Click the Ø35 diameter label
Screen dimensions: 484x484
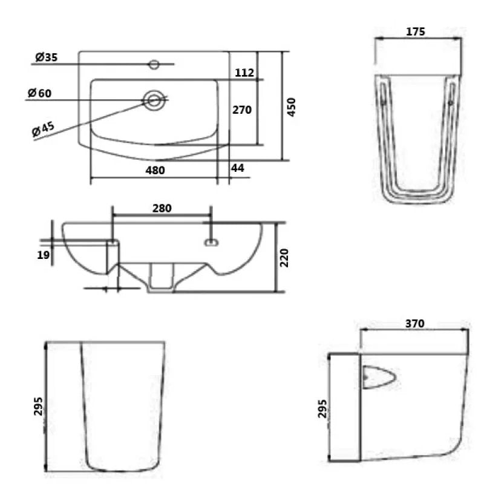tap(46, 58)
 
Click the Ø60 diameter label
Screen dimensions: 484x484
tap(40, 93)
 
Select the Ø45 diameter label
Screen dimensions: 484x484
tap(44, 129)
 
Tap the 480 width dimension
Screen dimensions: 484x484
tap(155, 171)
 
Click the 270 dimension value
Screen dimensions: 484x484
tap(242, 110)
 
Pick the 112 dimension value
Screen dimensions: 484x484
tap(244, 73)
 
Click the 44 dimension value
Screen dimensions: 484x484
tap(238, 169)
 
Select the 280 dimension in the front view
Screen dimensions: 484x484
tap(162, 208)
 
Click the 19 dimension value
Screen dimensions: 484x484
tap(42, 255)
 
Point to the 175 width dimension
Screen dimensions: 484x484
tap(417, 31)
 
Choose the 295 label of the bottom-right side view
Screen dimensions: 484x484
tap(322, 409)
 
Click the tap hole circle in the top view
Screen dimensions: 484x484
tap(154, 64)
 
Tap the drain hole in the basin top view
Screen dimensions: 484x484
tap(154, 99)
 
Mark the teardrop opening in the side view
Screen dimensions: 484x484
tap(379, 378)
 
